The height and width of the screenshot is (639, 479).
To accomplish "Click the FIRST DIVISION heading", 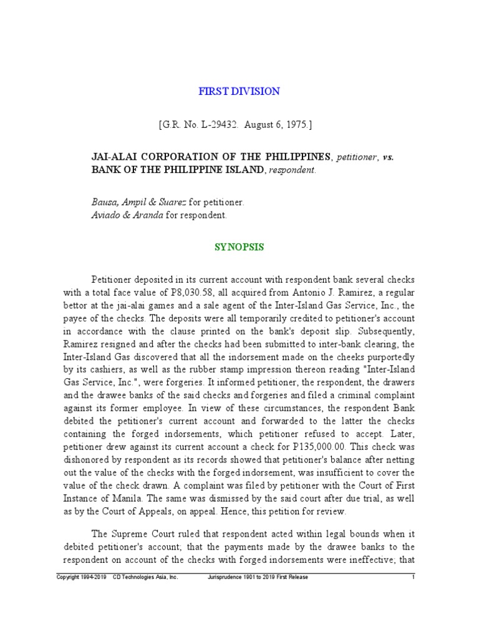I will click(x=239, y=92).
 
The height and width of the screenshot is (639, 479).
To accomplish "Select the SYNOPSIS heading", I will click(x=239, y=247).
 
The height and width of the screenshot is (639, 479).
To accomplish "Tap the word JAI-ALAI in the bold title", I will click(x=114, y=156).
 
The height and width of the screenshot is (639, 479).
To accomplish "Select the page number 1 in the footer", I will click(x=414, y=578).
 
